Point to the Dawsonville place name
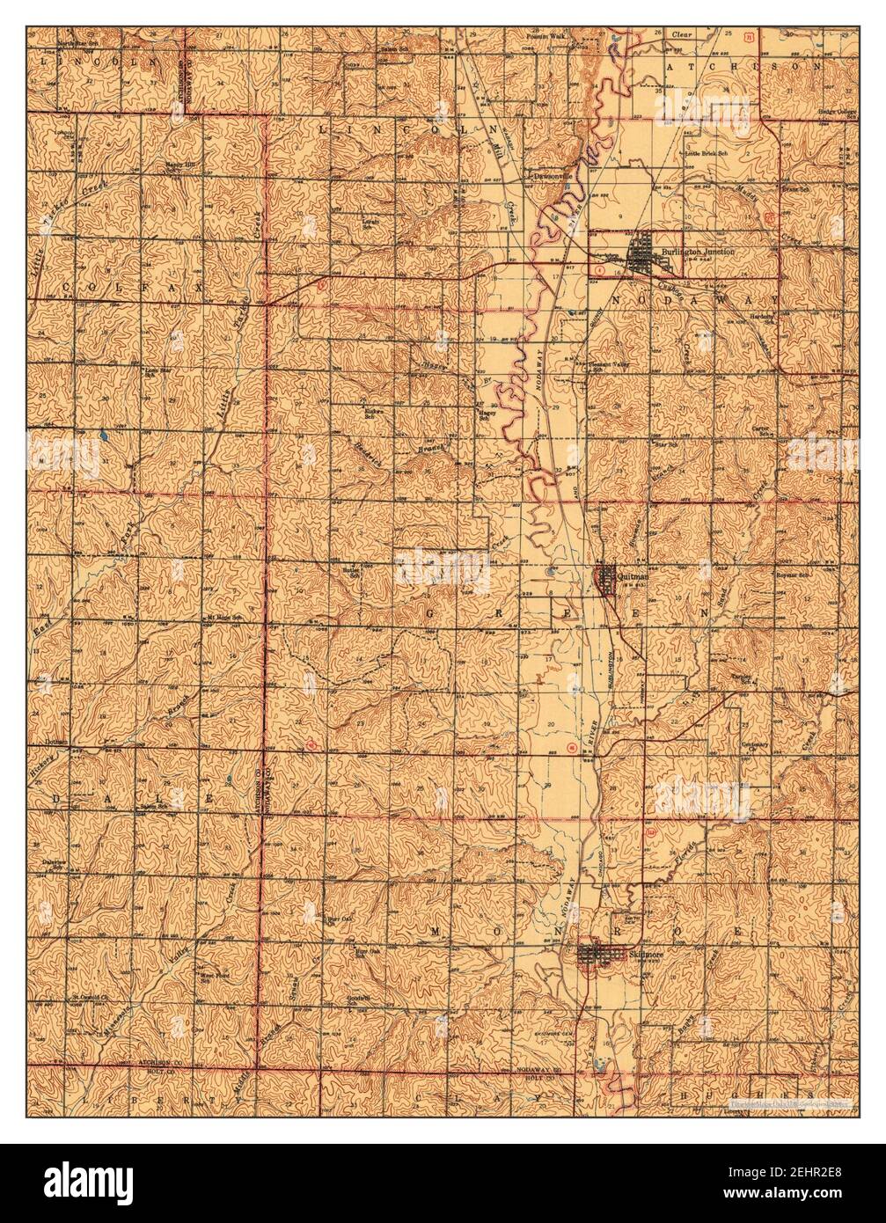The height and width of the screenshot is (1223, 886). (x=550, y=175)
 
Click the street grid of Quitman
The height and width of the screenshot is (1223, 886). (x=605, y=579)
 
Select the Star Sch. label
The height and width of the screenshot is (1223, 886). (x=677, y=445)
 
